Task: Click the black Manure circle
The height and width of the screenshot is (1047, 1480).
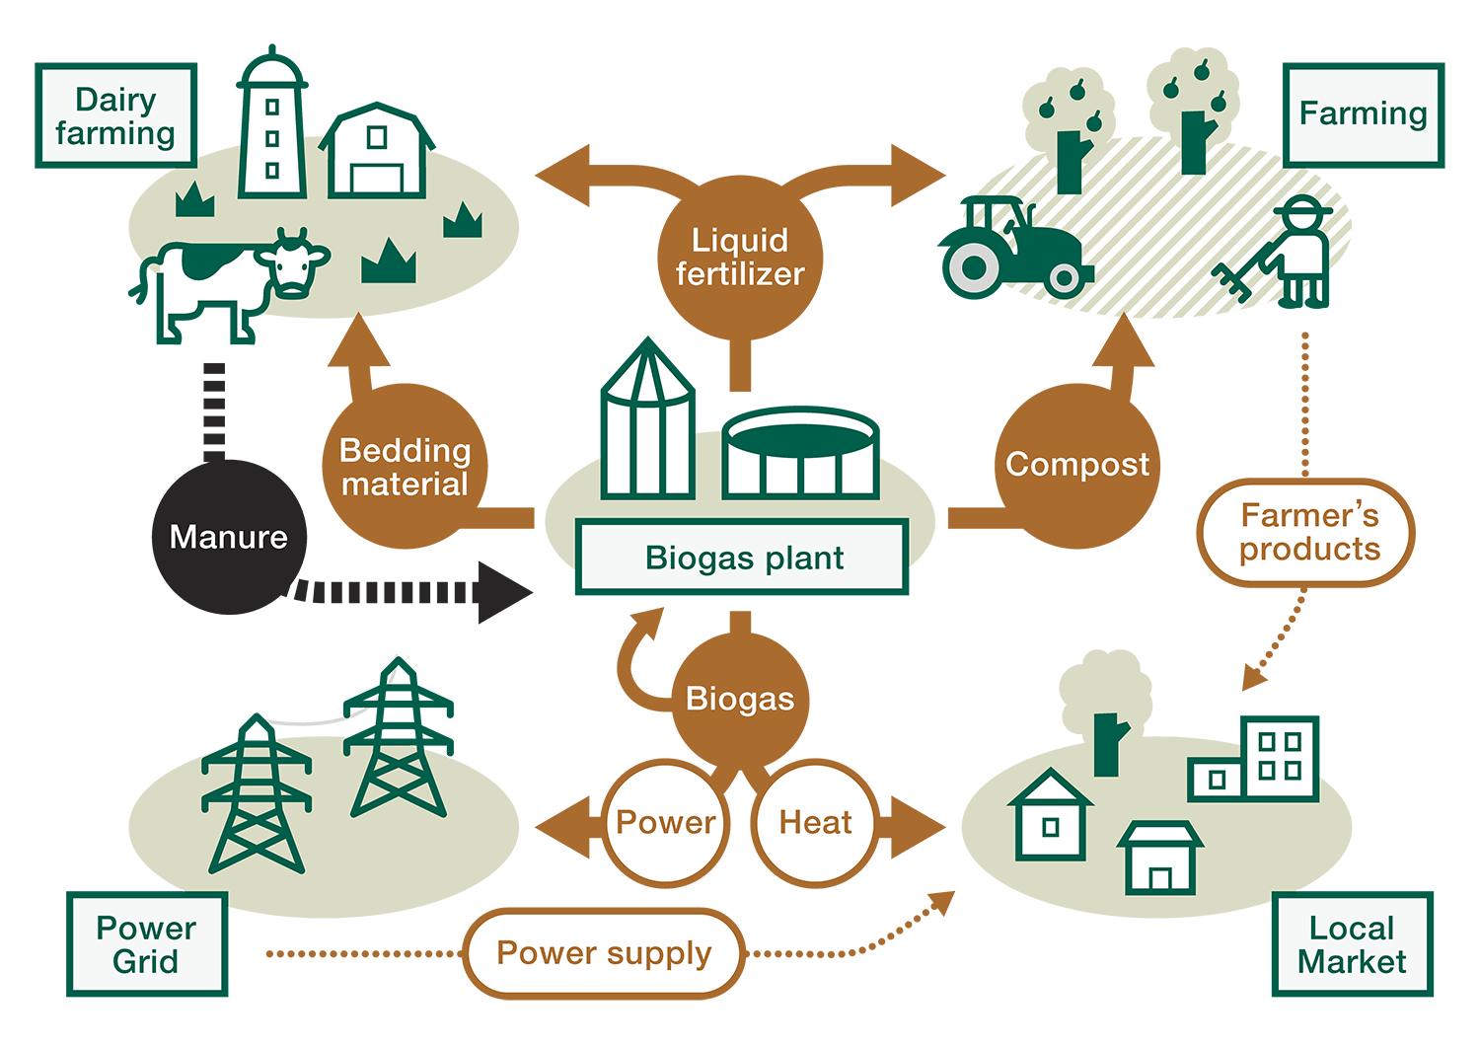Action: [x=228, y=537]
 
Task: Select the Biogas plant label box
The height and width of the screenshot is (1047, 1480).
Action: [x=742, y=558]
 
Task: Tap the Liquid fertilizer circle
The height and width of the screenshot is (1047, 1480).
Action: [x=739, y=257]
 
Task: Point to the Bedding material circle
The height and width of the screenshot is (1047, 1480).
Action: [x=404, y=467]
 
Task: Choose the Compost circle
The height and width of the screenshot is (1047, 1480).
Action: [x=1076, y=465]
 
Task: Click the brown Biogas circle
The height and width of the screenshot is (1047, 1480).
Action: [x=739, y=699]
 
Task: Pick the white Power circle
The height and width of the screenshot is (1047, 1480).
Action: [x=665, y=822]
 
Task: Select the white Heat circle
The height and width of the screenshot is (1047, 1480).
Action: [x=815, y=822]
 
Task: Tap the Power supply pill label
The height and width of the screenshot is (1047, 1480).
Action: [x=604, y=953]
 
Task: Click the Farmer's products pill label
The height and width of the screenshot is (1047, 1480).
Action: [x=1307, y=532]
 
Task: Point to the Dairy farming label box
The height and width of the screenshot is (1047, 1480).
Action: [x=115, y=115]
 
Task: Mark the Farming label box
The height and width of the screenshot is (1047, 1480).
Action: [x=1363, y=114]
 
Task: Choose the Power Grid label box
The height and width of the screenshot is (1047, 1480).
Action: [x=147, y=944]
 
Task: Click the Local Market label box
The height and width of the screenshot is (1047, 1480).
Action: [x=1352, y=944]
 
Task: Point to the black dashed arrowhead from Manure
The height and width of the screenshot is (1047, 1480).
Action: [x=503, y=592]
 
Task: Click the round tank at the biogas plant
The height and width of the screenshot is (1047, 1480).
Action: [x=800, y=455]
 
